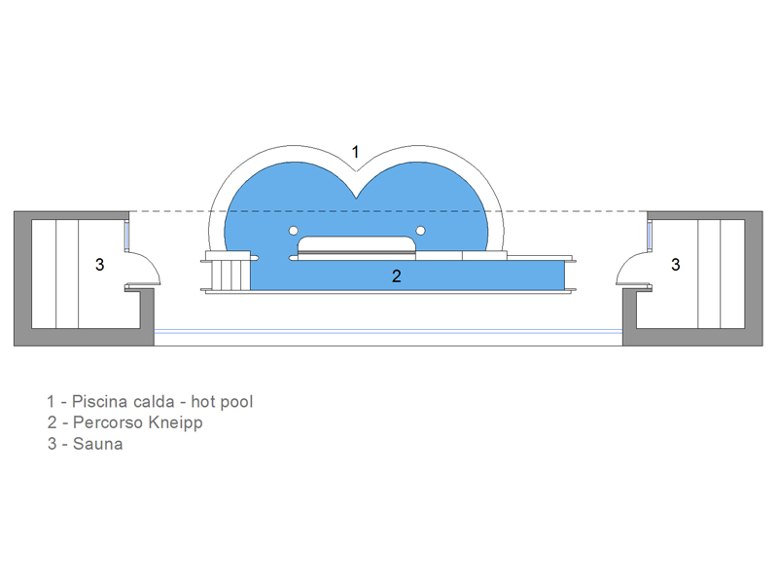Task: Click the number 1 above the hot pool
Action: tap(355, 152)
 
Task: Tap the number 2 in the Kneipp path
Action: tap(397, 276)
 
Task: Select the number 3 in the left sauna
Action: tap(100, 265)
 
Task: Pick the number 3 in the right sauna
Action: tap(675, 265)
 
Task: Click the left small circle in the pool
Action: tap(294, 231)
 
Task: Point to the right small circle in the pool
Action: tap(420, 231)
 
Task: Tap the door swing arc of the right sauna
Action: tap(625, 263)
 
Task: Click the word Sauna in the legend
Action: tap(98, 444)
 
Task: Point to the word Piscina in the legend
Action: tap(94, 401)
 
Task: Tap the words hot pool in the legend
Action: tap(222, 401)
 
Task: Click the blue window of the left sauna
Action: tap(126, 235)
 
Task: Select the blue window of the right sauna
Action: tap(649, 235)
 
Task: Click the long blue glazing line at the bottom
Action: tap(388, 331)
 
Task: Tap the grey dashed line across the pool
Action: tap(388, 211)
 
